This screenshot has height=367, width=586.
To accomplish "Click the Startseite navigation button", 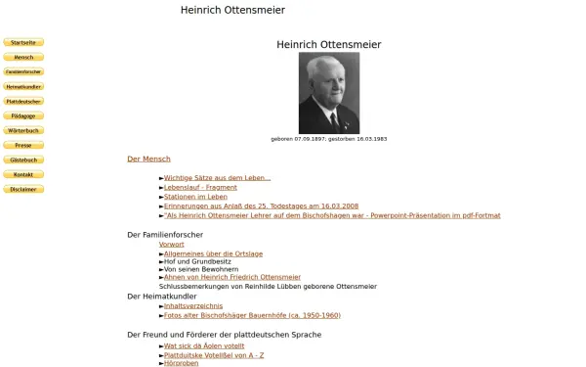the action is (23, 43).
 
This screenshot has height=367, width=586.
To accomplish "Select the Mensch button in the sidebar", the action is (23, 58).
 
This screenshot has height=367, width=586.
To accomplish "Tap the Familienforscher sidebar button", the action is (23, 72).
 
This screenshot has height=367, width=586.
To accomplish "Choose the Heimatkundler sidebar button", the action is (23, 87).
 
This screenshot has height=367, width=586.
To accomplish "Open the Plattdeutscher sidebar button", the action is (23, 102).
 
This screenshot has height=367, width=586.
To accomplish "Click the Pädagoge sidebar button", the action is (23, 116).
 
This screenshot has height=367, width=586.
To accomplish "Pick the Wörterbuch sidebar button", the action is (23, 131).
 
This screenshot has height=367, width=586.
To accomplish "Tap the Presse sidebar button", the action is (23, 146).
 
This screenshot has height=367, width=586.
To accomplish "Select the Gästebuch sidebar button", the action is (23, 161).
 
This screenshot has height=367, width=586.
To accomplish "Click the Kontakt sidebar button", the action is (23, 175).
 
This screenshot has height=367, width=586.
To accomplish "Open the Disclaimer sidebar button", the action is (23, 190).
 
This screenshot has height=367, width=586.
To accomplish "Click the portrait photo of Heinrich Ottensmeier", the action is (328, 93).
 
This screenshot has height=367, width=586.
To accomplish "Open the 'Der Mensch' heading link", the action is (148, 159).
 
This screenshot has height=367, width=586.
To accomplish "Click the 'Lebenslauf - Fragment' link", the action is (200, 187).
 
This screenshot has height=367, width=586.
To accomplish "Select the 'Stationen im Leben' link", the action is (195, 197).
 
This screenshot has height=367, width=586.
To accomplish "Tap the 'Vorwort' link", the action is (171, 244).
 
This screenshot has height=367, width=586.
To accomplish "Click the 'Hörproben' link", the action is (182, 363).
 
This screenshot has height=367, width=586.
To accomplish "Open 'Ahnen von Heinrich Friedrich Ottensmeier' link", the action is (232, 277).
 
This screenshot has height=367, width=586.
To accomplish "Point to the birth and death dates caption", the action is (328, 139).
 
